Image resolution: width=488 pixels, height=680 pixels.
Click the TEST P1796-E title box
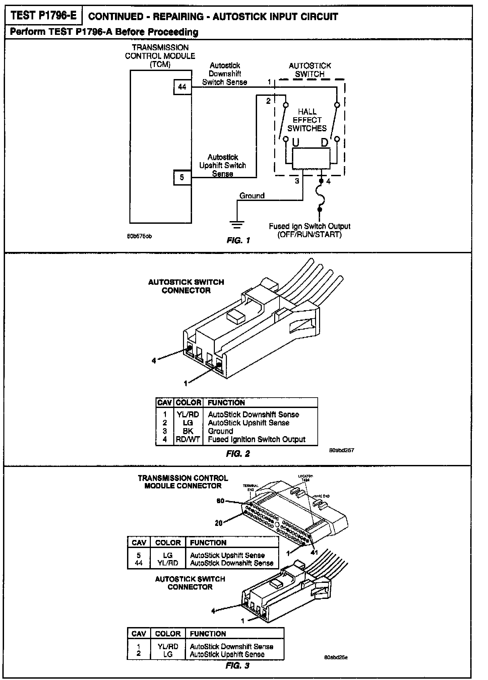43,16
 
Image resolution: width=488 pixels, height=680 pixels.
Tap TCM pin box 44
182,87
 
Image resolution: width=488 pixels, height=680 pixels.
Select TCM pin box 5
182,177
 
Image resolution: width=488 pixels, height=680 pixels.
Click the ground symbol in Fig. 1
237,224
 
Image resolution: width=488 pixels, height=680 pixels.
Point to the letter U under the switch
296,143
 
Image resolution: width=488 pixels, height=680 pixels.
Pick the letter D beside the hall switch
324,143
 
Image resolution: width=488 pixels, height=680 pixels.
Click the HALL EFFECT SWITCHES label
307,120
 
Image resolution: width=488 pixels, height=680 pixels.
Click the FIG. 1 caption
238,240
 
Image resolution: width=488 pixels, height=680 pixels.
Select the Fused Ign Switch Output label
309,230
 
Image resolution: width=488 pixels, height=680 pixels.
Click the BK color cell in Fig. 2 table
188,431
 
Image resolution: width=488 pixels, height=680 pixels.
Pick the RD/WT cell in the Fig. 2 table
188,439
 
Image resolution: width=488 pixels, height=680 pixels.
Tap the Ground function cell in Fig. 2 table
221,431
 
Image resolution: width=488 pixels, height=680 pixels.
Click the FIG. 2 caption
238,454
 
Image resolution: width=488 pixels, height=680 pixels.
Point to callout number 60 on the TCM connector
220,501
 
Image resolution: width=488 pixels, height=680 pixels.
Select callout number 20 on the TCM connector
219,523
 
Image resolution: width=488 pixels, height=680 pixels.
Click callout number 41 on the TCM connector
314,553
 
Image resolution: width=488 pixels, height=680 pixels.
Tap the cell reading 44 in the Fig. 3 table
138,563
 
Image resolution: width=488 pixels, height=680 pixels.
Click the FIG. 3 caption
238,666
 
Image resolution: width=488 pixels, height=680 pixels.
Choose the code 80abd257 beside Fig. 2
342,450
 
